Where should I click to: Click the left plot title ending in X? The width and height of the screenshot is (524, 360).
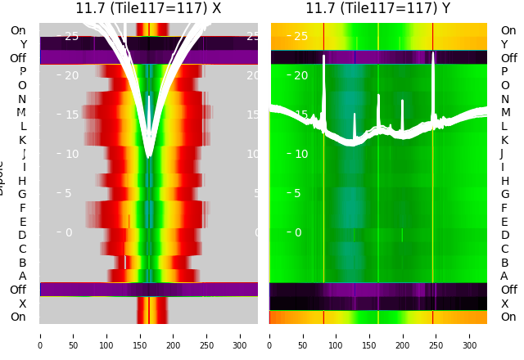point(148,9)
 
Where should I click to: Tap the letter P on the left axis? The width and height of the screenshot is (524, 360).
point(23,72)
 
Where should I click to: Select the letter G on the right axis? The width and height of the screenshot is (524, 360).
point(504,195)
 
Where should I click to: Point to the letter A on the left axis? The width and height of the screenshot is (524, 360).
point(23,277)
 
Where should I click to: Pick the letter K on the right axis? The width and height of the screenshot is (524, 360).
point(504,140)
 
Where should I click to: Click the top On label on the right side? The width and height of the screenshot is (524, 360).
point(508,31)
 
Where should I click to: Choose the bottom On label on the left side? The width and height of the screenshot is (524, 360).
point(18,317)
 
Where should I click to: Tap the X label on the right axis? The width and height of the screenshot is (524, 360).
point(504,304)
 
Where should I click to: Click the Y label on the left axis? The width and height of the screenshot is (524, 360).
point(23,44)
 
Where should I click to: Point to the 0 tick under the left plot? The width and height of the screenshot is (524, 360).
point(40,335)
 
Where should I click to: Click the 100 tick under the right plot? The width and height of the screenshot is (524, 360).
point(336,335)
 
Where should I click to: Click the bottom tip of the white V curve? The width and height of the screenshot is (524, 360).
point(148,155)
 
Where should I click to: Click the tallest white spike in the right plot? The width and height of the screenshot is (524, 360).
point(433,56)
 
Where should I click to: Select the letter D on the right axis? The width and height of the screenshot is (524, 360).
point(504,236)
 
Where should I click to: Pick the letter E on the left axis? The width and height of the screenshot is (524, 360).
point(23,222)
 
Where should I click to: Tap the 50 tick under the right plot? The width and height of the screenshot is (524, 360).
point(303,335)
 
